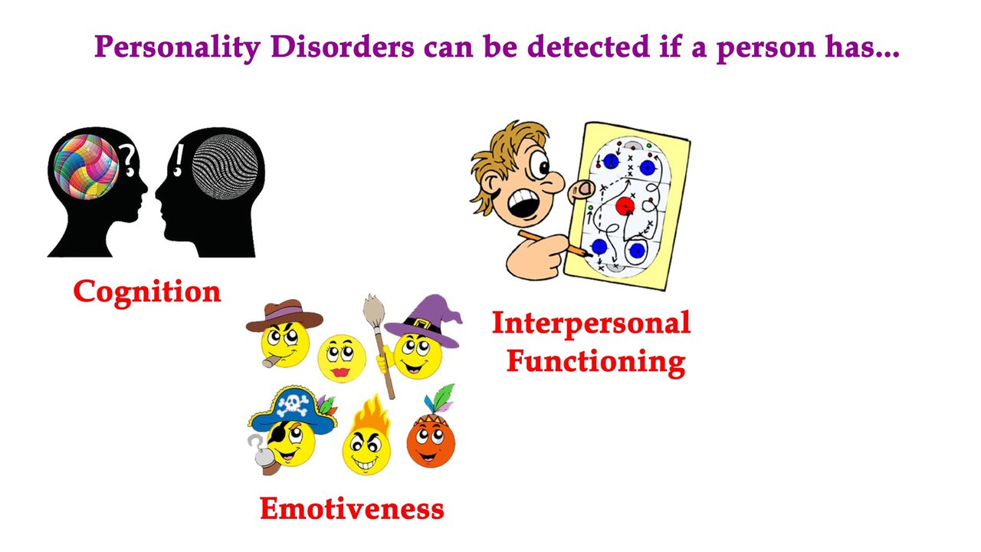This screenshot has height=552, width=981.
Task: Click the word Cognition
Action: click(147, 292)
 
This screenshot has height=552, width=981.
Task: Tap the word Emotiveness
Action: click(352, 508)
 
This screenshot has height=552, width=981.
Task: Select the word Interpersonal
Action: click(591, 323)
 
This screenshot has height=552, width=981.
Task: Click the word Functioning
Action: click(595, 360)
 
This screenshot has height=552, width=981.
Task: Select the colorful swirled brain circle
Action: click(86, 167)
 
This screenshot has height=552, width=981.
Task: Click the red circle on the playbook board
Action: click(625, 206)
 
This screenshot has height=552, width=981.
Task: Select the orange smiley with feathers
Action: click(431, 441)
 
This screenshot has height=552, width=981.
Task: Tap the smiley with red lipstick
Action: click(341, 357)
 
